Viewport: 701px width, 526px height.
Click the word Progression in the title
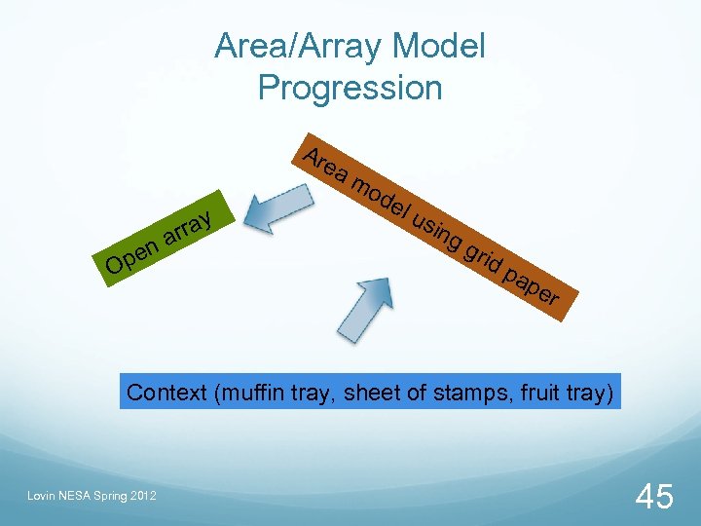[350, 88]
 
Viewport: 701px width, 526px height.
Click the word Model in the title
[439, 45]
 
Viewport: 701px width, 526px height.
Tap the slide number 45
[653, 496]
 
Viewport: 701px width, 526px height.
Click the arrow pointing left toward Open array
[277, 210]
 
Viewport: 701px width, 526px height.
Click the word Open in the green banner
[131, 254]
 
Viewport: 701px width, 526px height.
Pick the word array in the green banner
[187, 226]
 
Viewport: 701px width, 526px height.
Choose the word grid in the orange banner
[483, 257]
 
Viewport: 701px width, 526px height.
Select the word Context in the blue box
[167, 393]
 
